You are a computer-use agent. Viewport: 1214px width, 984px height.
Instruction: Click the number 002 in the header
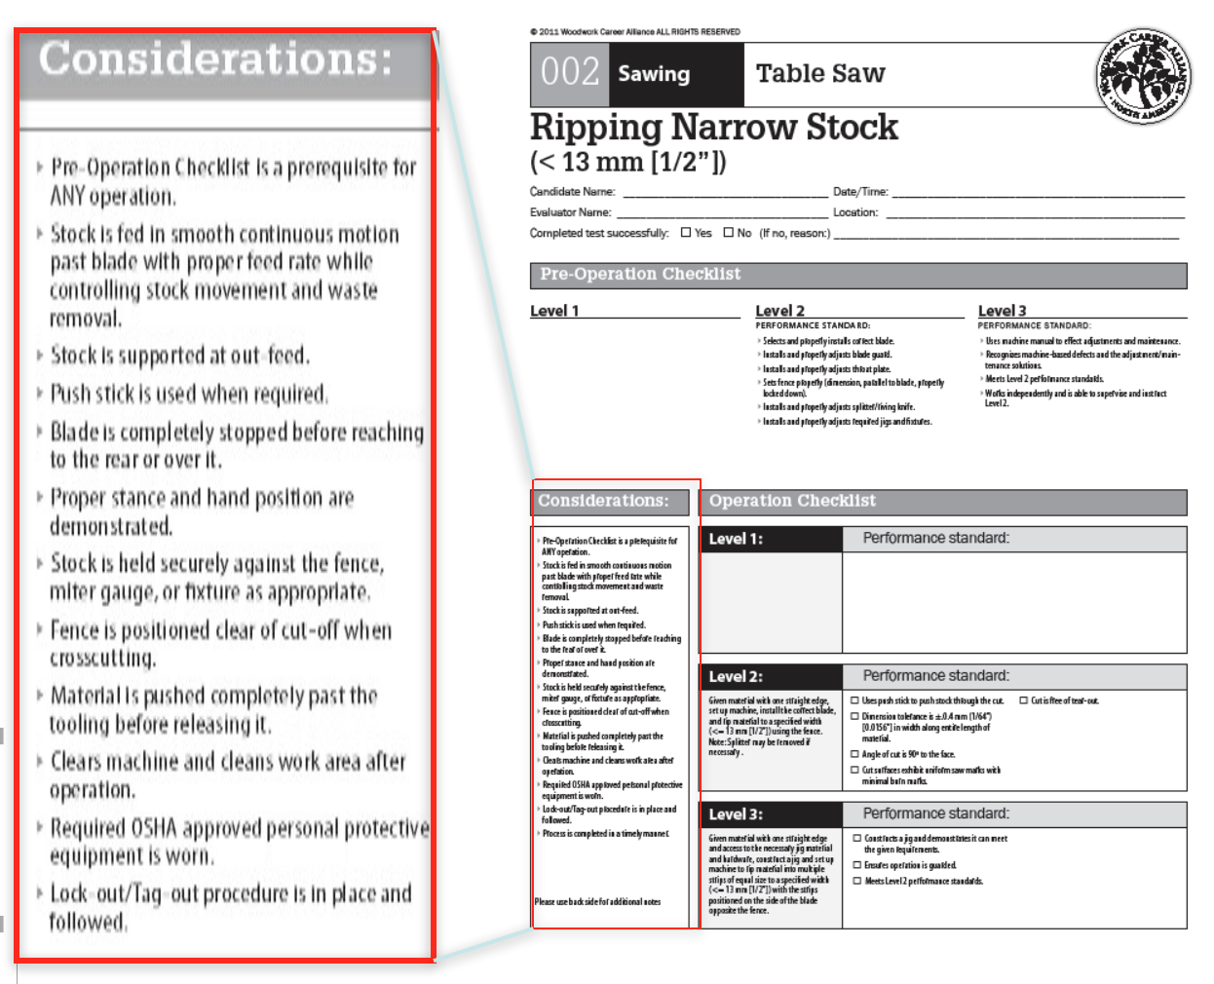(x=570, y=73)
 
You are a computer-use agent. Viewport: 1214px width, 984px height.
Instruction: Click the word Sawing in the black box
(x=654, y=74)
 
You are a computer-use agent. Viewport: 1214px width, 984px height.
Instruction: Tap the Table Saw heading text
(x=820, y=74)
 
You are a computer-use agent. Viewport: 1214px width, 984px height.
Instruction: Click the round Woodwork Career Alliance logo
(x=1142, y=76)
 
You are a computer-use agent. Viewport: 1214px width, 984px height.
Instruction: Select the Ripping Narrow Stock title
(x=714, y=128)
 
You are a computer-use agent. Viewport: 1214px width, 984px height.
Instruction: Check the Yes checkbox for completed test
(x=686, y=233)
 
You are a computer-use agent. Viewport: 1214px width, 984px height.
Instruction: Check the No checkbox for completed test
(x=728, y=233)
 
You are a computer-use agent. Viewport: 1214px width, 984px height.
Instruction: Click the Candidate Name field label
(x=573, y=192)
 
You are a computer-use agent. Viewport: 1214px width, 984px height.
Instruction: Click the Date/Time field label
(x=860, y=192)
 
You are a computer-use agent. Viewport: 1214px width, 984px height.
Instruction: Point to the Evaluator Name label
(x=571, y=212)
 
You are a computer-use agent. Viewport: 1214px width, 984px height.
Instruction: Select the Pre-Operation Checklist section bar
(x=857, y=276)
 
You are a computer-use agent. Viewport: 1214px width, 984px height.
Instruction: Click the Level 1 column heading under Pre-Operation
(x=554, y=311)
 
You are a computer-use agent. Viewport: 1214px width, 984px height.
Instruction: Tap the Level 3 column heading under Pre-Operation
(x=1003, y=311)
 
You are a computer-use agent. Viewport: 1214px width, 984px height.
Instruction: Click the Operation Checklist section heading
(x=792, y=501)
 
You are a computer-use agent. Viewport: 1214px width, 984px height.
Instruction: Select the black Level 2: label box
(x=736, y=676)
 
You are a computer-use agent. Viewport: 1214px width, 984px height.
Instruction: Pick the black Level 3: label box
(x=736, y=814)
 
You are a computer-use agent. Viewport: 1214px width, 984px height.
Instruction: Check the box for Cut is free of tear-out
(x=1023, y=700)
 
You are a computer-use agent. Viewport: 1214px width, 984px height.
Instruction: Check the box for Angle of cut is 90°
(x=855, y=754)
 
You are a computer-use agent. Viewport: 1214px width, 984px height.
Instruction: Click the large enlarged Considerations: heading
(x=216, y=59)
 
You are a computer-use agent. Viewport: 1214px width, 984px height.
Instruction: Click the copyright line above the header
(x=634, y=32)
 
